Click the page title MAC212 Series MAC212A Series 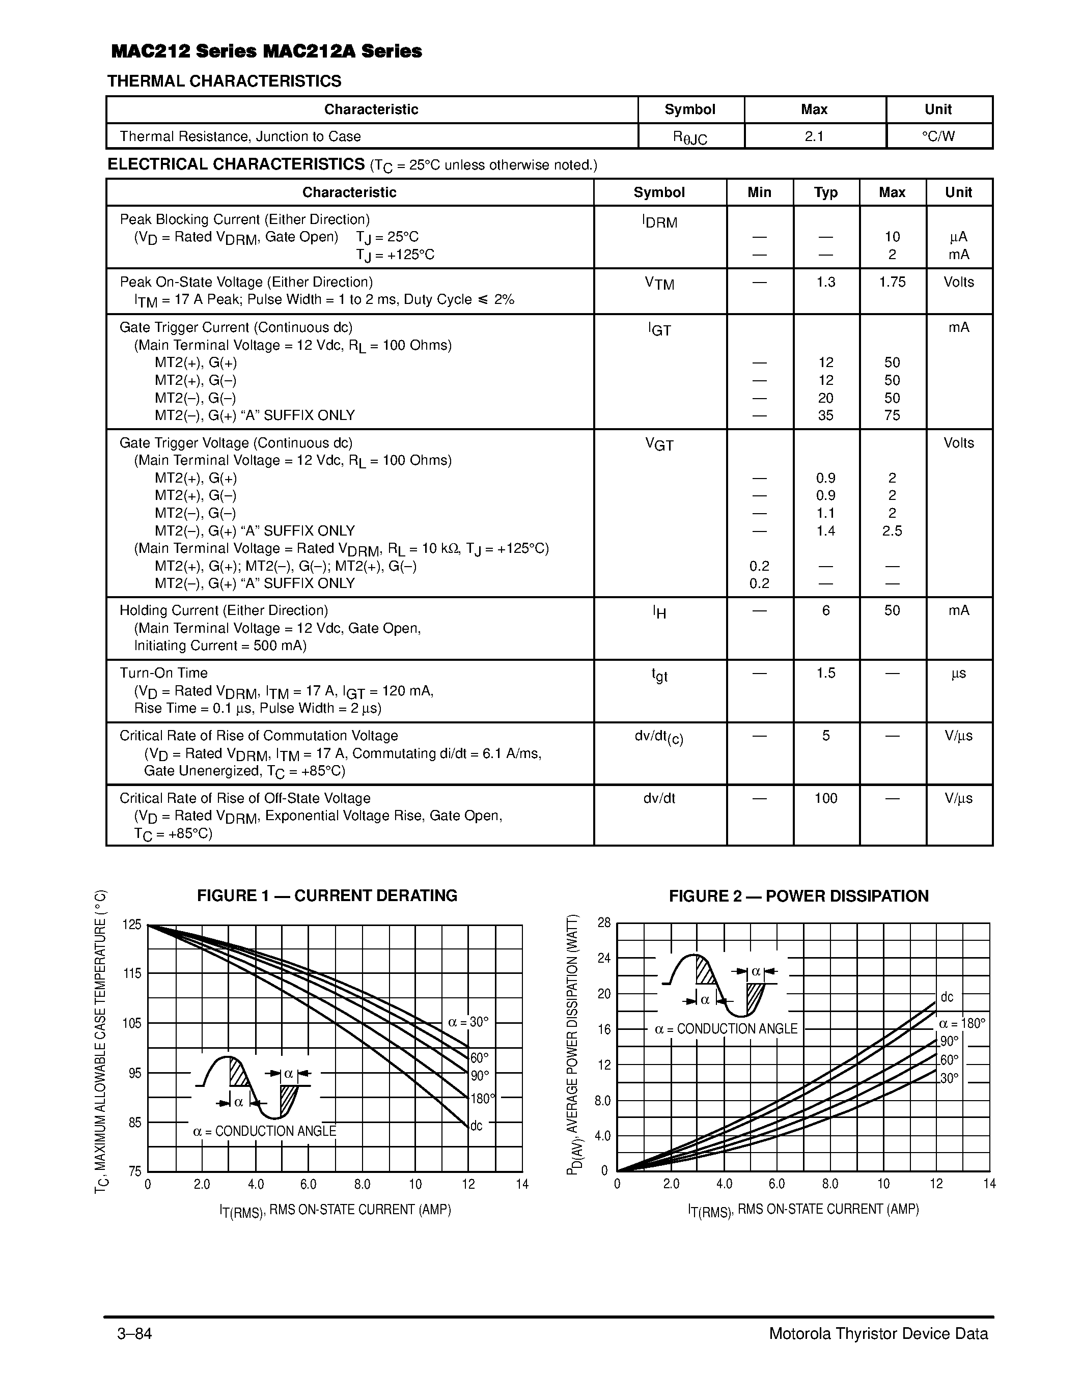click(x=266, y=51)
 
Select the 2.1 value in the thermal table click(x=814, y=136)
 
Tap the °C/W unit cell click(x=938, y=136)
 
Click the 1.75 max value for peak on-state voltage click(x=892, y=282)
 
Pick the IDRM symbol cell click(x=659, y=222)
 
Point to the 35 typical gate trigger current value click(x=825, y=415)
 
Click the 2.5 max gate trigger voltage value click(x=892, y=531)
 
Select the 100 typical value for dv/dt click(x=825, y=798)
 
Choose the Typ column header click(x=825, y=192)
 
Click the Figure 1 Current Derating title click(x=327, y=895)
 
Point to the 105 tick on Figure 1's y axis click(x=131, y=1023)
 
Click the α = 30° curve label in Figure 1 click(x=468, y=1022)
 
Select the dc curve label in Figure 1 click(x=476, y=1126)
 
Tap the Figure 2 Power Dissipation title click(x=798, y=896)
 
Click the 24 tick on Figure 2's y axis click(x=604, y=958)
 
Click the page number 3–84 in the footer click(x=134, y=1334)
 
